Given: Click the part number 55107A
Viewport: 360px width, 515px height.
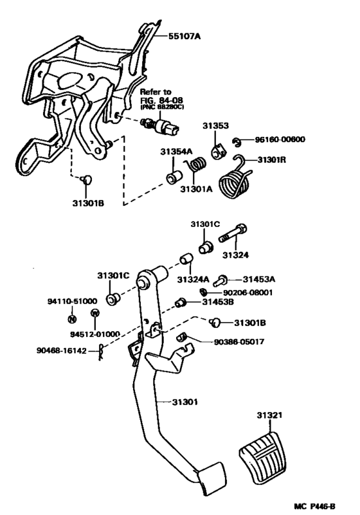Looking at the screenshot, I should pos(184,37).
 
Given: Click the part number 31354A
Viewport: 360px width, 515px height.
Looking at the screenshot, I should pos(176,152).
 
